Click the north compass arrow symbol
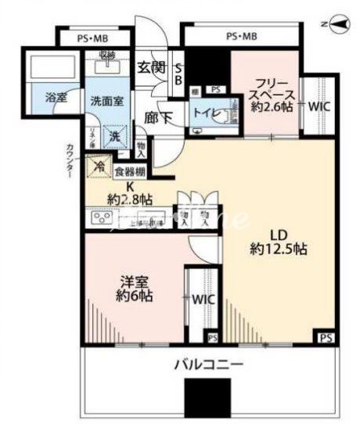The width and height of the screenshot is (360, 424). [x=337, y=25]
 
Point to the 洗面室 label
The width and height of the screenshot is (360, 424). [x=103, y=100]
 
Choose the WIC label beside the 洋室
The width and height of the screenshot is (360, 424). [x=201, y=299]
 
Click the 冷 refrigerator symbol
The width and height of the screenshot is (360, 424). [x=99, y=166]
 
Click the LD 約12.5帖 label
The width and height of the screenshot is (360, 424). [x=277, y=243]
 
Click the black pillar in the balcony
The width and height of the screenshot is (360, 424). [x=202, y=400]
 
